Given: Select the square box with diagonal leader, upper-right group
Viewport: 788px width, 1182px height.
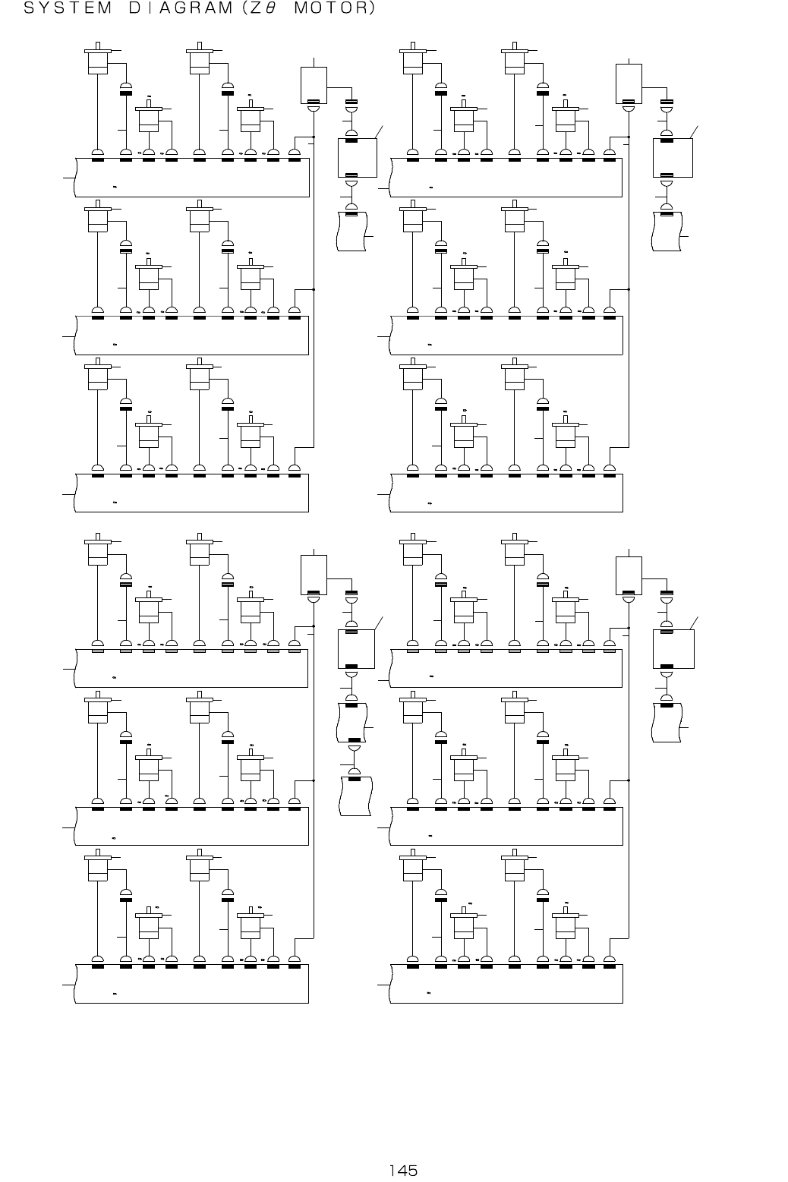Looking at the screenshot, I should (673, 157).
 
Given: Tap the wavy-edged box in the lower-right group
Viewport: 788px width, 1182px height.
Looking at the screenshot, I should (668, 722).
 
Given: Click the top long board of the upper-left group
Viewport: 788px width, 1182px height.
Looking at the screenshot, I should (193, 178).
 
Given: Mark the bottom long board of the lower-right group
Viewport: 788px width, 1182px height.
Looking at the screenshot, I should (506, 983).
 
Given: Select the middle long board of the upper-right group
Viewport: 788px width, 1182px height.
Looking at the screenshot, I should (506, 335).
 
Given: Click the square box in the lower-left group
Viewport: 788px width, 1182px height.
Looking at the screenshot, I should (357, 648).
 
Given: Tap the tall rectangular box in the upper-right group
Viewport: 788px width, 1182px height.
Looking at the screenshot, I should (629, 84).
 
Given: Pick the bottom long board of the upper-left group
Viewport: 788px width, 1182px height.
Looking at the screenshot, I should (193, 492).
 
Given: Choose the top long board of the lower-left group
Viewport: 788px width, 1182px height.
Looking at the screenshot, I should (193, 668).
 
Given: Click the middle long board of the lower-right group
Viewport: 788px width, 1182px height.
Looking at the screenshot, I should (506, 826).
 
